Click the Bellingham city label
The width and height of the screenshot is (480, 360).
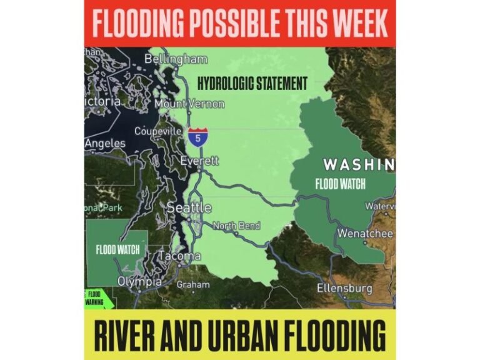[x=176, y=59]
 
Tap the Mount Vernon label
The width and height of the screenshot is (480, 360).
[x=189, y=104]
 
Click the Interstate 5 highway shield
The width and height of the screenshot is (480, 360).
[x=197, y=136]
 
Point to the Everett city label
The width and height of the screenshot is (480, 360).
[x=199, y=161]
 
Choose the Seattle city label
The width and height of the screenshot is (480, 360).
[x=189, y=207]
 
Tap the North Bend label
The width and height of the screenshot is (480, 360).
[x=237, y=226]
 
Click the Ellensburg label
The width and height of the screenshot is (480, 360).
[x=344, y=289]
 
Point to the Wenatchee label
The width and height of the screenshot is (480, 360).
[x=365, y=234]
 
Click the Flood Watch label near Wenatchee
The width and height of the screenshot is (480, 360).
[x=340, y=184]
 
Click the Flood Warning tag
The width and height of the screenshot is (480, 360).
[x=95, y=298]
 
